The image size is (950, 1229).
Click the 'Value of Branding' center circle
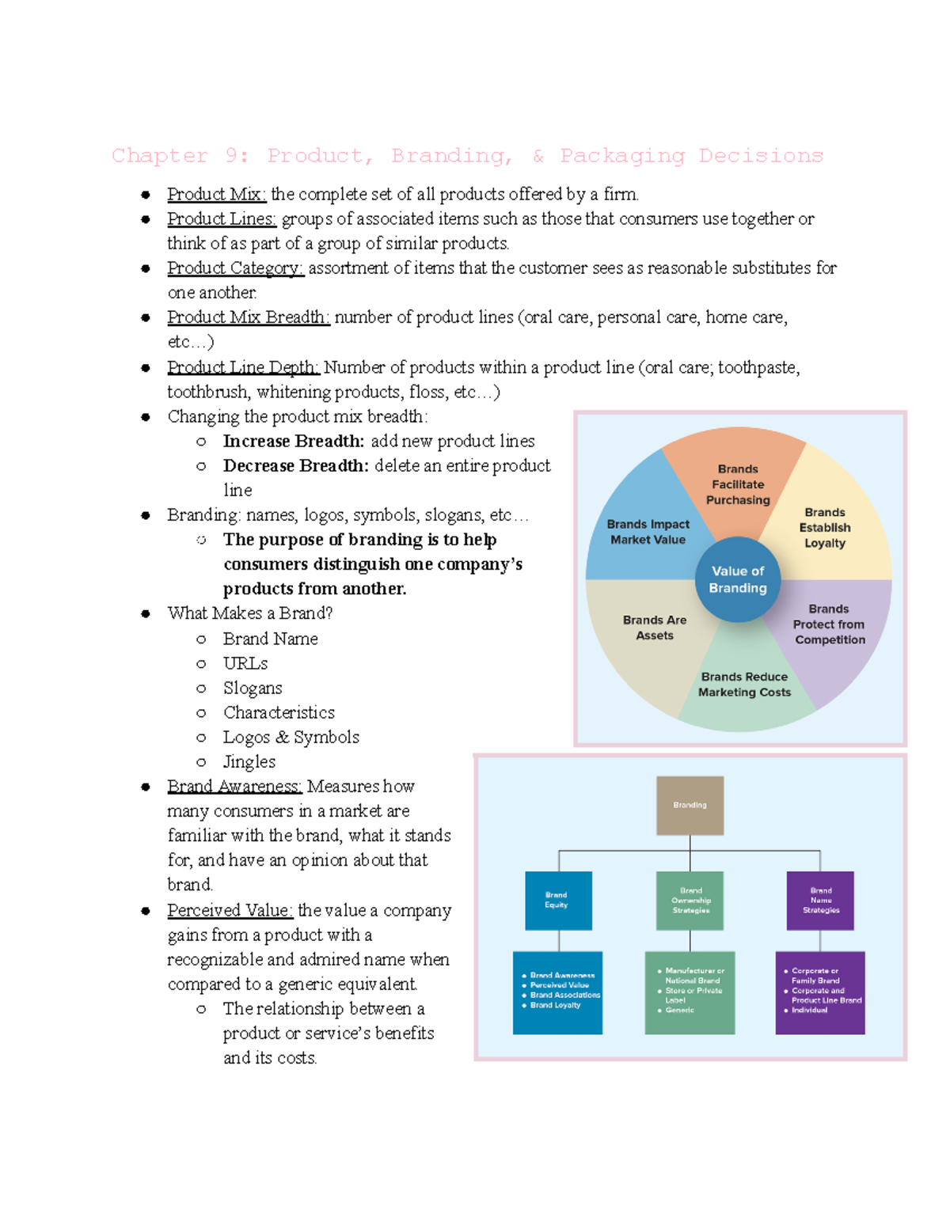[738, 579]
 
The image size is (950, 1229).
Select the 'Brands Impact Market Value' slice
[648, 532]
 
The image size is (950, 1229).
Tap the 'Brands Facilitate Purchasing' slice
[738, 484]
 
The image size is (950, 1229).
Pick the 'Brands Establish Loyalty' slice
[825, 528]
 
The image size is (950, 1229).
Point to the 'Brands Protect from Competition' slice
[829, 624]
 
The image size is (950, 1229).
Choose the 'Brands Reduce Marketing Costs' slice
[744, 685]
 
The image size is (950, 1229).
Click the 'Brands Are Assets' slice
[654, 628]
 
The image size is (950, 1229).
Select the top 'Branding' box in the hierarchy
[690, 806]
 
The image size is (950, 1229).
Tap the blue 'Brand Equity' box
[558, 901]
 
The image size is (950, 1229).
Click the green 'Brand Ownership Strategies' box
[690, 901]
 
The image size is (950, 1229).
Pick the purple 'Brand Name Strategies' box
[820, 901]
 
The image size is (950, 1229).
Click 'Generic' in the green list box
[679, 1011]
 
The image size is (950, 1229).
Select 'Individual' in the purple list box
[809, 1011]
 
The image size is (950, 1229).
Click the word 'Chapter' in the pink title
[160, 156]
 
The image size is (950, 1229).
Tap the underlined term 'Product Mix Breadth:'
[249, 317]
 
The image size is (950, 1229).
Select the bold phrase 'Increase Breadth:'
[294, 441]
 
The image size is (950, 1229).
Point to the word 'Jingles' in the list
[249, 761]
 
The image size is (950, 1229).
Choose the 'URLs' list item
[245, 663]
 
